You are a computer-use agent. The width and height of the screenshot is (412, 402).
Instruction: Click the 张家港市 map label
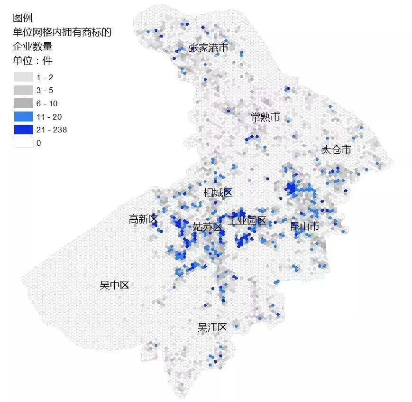[208, 48]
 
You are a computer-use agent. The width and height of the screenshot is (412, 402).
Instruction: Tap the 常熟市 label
[266, 117]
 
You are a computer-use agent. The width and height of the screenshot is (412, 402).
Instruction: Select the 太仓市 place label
[336, 150]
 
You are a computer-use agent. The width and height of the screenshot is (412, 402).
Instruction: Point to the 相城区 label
[218, 193]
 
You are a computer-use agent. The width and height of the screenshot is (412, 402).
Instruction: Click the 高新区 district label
[143, 219]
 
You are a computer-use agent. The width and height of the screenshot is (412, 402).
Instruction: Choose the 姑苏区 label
[208, 227]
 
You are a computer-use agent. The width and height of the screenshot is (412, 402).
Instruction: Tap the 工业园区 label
[247, 221]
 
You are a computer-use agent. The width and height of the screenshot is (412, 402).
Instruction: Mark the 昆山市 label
[304, 227]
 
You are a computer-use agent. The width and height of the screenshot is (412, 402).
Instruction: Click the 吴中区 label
[114, 285]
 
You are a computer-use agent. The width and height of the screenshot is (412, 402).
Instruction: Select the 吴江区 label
[212, 327]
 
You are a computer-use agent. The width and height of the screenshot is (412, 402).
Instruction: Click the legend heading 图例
[22, 18]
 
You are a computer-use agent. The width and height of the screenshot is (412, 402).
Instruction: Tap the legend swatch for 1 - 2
[23, 77]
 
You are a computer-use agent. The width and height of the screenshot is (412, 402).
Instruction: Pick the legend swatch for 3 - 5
[23, 90]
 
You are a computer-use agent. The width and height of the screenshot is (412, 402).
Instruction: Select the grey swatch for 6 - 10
[23, 103]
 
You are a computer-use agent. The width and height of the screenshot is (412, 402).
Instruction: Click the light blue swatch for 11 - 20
[23, 117]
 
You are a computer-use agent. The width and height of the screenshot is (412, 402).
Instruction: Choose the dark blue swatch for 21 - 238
[23, 130]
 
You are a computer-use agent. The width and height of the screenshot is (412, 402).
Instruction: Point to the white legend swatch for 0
[23, 143]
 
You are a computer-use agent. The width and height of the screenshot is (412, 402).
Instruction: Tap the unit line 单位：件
[33, 61]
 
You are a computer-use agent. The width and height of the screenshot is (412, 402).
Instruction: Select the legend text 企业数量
[32, 47]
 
